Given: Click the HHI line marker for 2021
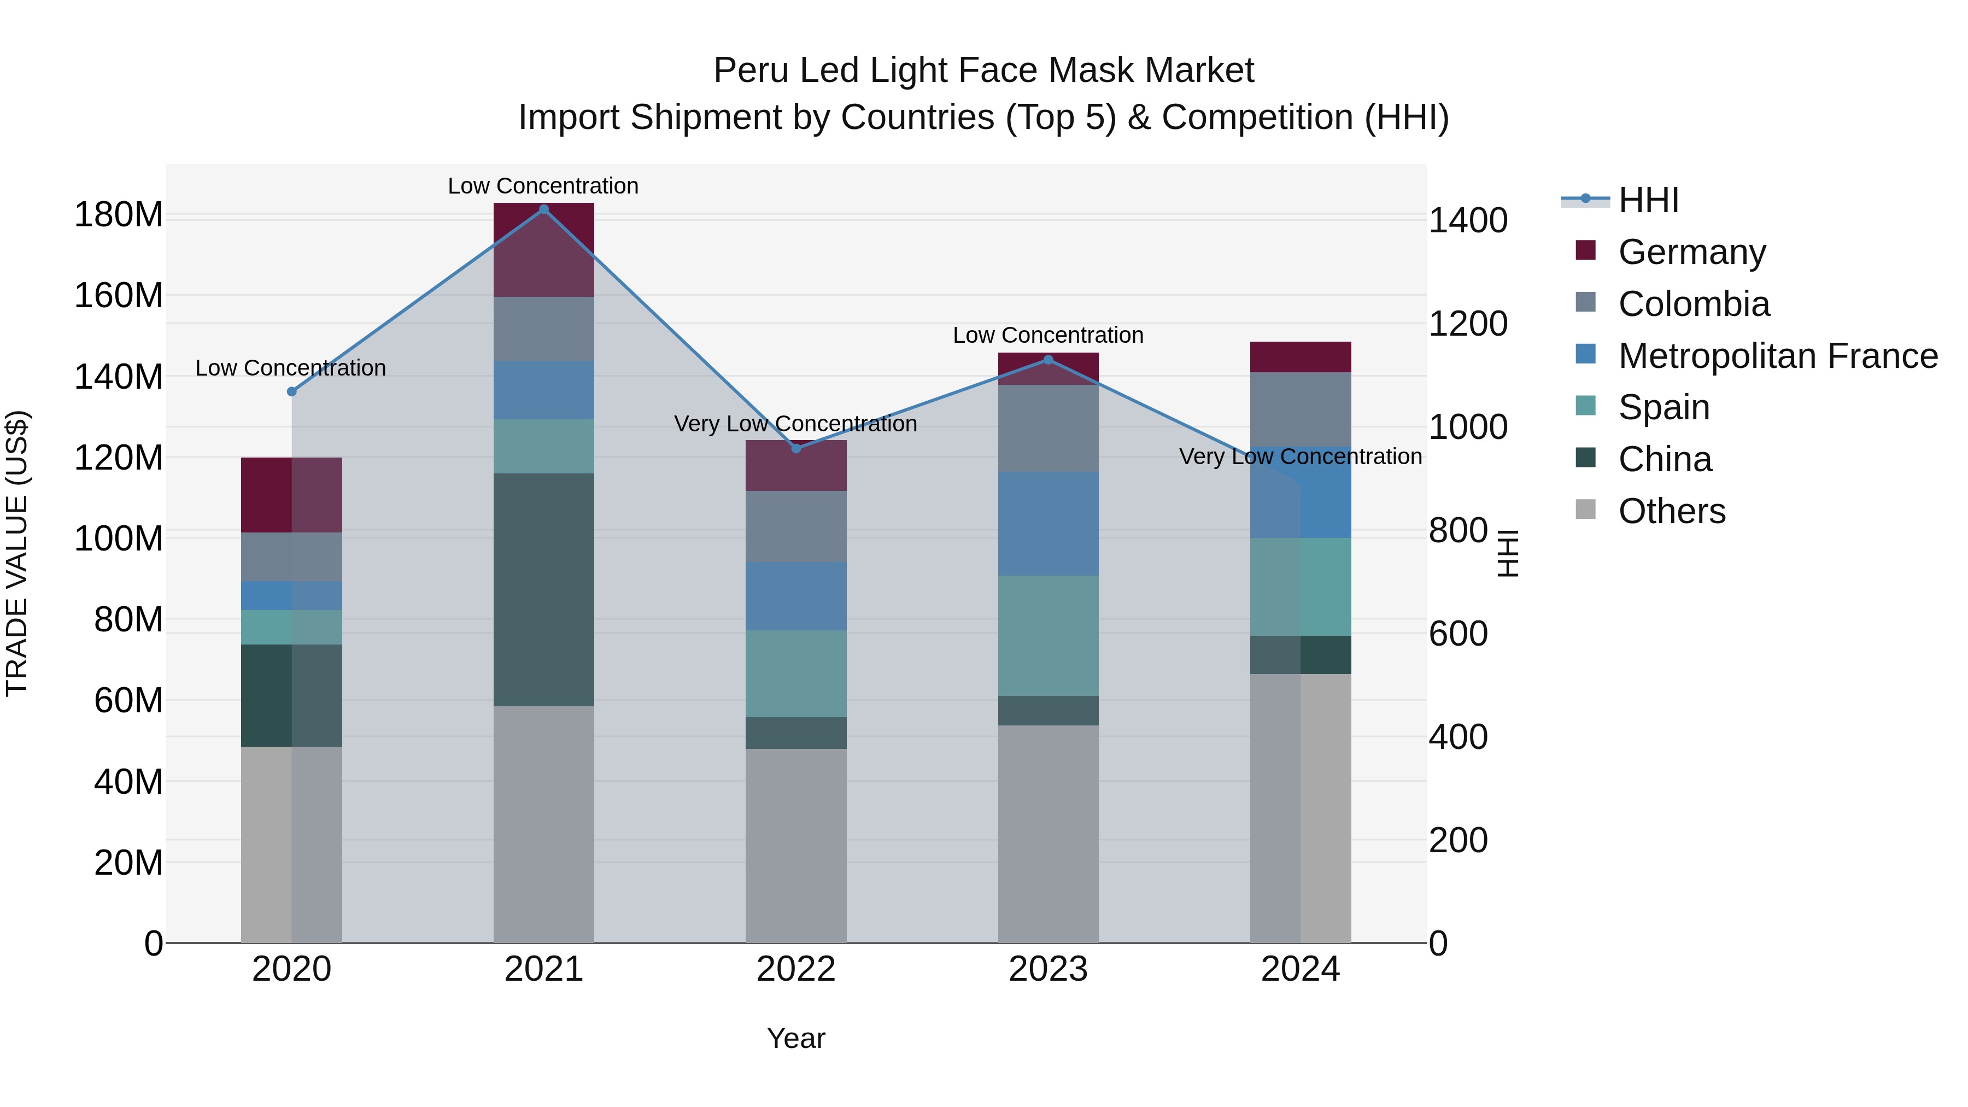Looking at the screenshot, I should coord(543,209).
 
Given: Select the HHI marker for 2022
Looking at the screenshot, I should coord(796,448).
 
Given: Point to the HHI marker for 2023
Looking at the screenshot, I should coord(1048,360).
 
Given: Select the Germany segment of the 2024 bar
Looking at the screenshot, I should coord(1301,357).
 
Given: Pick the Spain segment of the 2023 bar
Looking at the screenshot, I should coord(1048,636).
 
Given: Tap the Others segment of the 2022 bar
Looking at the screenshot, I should coord(796,845).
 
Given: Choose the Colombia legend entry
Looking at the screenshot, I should coord(1694,304).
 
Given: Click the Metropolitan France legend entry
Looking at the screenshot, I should coord(1777,356).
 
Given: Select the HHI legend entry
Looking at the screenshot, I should coord(1648,200).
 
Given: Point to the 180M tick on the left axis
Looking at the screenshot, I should coord(119,215).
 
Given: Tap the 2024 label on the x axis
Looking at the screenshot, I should coord(1301,969).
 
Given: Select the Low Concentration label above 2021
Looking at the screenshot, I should coord(543,186).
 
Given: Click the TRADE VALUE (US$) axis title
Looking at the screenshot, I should coord(17,553).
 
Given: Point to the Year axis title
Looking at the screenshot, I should coord(796,1038).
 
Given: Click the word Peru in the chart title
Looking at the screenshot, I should coord(751,71).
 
